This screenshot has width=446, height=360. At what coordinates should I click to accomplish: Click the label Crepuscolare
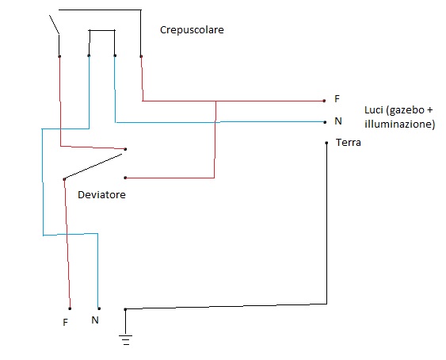click(191, 30)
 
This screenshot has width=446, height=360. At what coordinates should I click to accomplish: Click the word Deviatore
click(101, 194)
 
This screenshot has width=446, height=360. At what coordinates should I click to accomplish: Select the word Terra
click(349, 143)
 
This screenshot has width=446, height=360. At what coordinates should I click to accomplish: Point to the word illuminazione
click(399, 124)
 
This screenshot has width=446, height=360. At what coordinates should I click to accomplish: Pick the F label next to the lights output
click(337, 98)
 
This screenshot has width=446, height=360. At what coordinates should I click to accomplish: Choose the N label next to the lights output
click(337, 121)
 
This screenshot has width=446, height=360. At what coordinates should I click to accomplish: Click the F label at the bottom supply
click(65, 323)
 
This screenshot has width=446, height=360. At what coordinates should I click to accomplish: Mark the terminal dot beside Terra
click(326, 143)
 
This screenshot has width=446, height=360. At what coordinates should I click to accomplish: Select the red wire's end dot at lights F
click(324, 101)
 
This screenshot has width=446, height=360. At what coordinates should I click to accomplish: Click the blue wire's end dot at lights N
click(324, 121)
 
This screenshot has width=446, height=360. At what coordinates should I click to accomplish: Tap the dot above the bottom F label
click(70, 308)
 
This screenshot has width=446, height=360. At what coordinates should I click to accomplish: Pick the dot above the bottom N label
click(98, 308)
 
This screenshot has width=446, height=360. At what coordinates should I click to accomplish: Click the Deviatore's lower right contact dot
click(125, 178)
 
